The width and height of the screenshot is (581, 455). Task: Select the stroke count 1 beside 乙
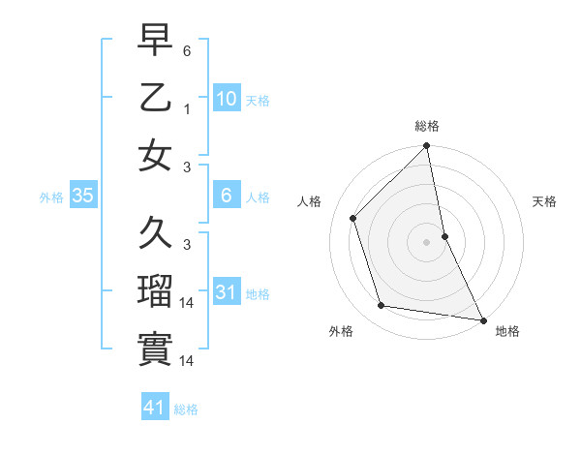click(x=187, y=108)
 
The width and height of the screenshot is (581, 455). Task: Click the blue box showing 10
click(x=226, y=99)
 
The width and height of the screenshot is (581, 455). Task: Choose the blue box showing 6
click(x=226, y=197)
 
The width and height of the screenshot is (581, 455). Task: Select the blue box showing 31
click(x=226, y=292)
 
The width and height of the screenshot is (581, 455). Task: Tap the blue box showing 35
click(x=83, y=197)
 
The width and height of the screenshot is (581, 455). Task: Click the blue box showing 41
click(x=155, y=409)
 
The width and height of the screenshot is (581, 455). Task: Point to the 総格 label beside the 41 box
click(x=186, y=409)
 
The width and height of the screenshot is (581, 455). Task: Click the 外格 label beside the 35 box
click(x=50, y=197)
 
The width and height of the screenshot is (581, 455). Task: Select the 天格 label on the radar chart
click(x=544, y=201)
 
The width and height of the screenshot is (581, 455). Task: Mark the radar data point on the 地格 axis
click(x=482, y=318)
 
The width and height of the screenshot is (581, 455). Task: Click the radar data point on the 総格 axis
click(x=426, y=147)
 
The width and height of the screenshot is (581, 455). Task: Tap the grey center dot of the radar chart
click(x=426, y=242)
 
